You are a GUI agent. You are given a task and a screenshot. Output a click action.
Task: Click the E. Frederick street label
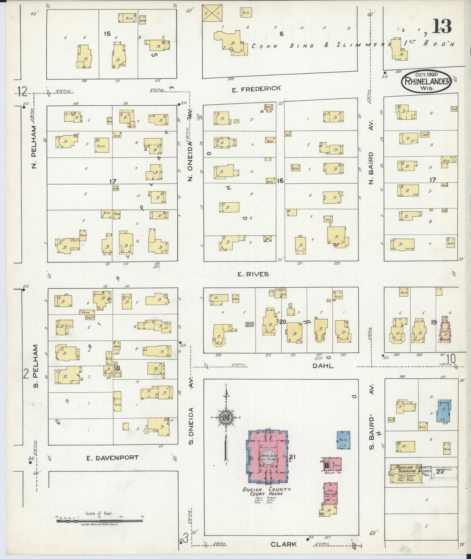tap(256, 88)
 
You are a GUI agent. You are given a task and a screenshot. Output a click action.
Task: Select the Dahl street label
tap(323, 366)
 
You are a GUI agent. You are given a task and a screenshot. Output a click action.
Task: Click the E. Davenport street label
tap(112, 458)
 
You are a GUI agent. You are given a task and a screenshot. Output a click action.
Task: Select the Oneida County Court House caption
tap(267, 491)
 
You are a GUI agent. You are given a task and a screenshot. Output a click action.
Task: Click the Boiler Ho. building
tap(331, 465)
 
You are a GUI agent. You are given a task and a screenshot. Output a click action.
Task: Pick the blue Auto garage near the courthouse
tap(344, 440)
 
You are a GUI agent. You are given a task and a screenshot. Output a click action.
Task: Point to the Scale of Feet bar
tap(99, 521)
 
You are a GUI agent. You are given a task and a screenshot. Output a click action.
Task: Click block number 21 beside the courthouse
tap(292, 457)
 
